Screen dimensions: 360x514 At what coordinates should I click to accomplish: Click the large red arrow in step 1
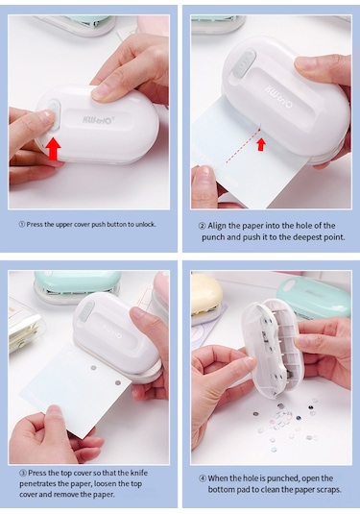(53, 149)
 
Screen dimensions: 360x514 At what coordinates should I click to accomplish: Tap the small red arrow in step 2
(261, 144)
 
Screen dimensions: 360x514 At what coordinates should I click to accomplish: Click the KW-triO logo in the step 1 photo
(98, 119)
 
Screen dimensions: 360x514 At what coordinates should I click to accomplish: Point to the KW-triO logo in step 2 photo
(279, 96)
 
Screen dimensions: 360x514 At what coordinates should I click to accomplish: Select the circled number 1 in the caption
(22, 225)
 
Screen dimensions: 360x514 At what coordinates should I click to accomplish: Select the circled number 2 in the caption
(203, 226)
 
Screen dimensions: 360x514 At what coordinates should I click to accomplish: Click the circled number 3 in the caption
(23, 473)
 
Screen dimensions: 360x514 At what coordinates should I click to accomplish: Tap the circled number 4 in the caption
(203, 478)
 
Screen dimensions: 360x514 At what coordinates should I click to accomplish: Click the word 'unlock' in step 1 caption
(146, 225)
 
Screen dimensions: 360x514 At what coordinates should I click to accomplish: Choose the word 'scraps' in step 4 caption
(329, 490)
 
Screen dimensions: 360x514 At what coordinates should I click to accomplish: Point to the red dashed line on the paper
(243, 146)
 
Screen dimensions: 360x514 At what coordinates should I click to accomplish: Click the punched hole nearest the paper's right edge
(118, 382)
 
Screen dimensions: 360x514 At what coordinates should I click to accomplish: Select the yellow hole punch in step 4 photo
(207, 295)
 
